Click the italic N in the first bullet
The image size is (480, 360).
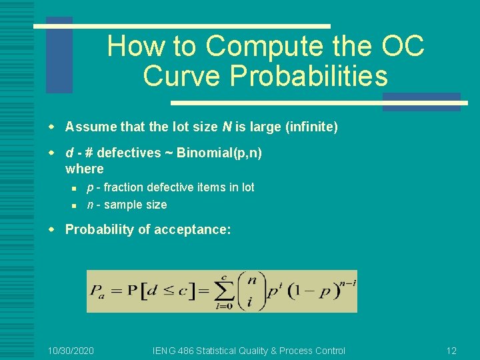click(207, 127)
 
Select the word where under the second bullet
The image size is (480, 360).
click(84, 169)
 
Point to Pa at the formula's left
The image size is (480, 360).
click(99, 292)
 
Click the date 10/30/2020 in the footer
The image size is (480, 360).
click(71, 351)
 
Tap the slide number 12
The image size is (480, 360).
click(451, 351)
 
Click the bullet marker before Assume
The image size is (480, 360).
click(57, 127)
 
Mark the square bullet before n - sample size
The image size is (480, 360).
click(77, 205)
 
